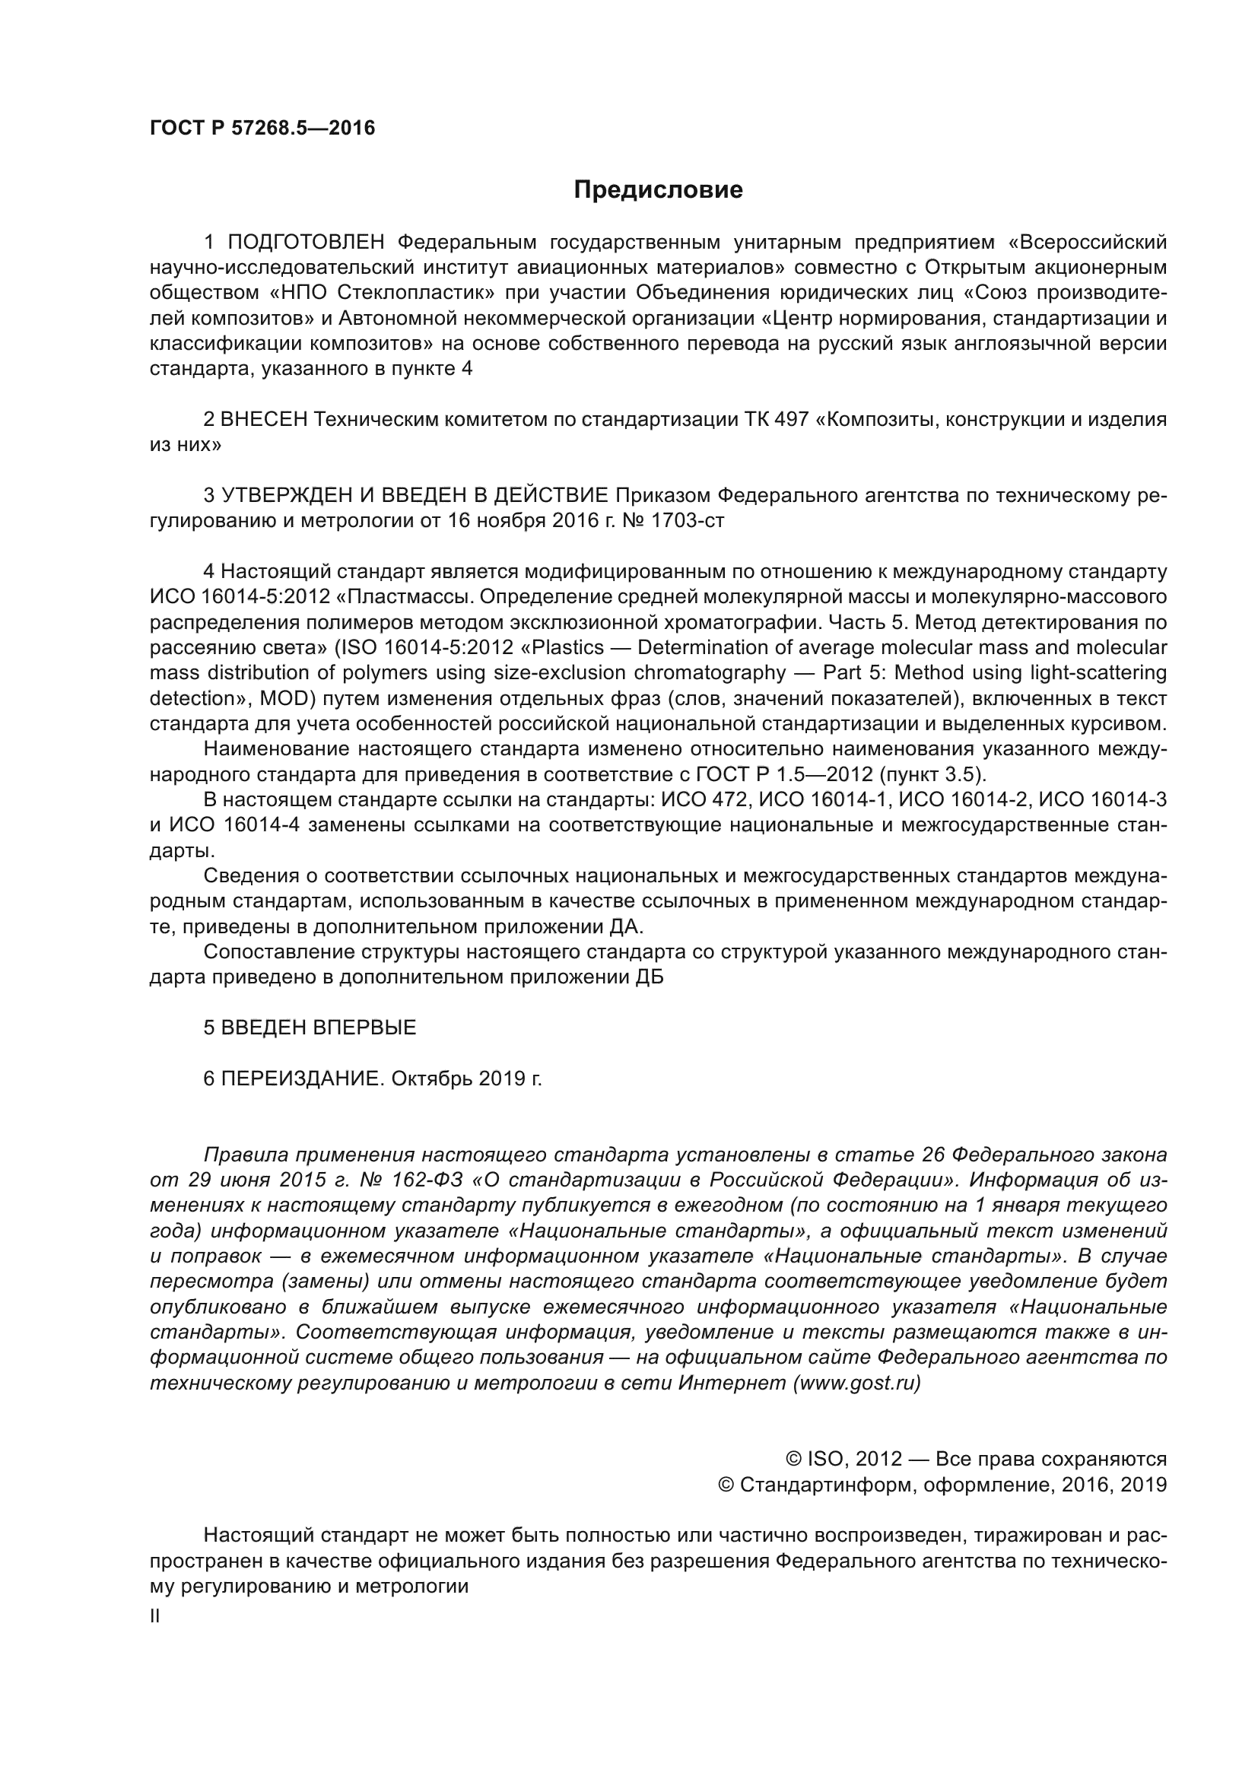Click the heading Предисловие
coord(658,190)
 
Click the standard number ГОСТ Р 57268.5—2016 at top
coord(262,128)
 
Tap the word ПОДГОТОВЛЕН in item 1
coord(306,243)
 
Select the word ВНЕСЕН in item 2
coord(264,420)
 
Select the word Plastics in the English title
coord(567,648)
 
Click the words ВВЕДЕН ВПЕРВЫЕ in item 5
coord(319,1028)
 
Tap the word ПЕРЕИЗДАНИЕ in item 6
coord(302,1079)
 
